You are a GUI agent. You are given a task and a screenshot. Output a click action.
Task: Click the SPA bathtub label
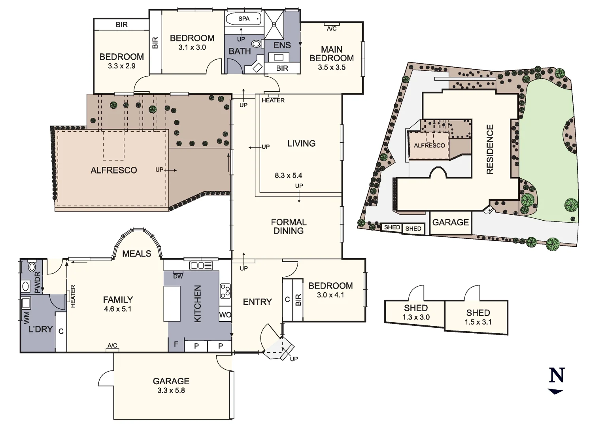coord(244,19)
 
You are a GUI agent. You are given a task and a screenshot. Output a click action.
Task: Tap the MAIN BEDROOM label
coord(331,54)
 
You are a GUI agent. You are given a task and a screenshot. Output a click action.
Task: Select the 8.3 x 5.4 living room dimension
coord(288,176)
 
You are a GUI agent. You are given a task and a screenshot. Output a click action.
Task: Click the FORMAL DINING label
coord(289,227)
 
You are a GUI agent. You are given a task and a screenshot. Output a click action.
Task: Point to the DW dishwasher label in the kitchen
coord(178,276)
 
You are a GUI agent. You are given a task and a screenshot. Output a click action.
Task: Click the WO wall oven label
coord(225,315)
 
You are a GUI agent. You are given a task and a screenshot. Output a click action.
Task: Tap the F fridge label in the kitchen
coord(176,344)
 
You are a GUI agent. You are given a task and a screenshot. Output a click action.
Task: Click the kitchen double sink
coord(201,265)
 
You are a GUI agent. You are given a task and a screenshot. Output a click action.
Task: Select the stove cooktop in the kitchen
coord(225,291)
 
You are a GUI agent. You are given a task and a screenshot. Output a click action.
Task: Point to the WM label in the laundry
coord(26,317)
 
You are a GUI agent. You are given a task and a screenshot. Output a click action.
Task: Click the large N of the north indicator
coord(557,375)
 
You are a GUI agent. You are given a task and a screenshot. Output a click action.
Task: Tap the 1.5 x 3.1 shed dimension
coord(478,322)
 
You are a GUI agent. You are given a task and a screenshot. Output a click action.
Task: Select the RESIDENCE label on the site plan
coord(490,149)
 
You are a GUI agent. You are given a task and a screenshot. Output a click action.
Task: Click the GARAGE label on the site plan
coord(450,222)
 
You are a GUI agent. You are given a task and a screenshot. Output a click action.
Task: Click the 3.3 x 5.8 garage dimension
coord(171,391)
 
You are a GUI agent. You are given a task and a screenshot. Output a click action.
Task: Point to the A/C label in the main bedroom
coord(332,28)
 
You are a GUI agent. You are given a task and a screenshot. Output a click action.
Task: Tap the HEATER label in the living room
coord(273,100)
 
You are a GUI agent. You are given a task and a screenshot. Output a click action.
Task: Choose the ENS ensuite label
coord(282,45)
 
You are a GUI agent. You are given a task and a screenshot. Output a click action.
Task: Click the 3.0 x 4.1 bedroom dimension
coord(330,295)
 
